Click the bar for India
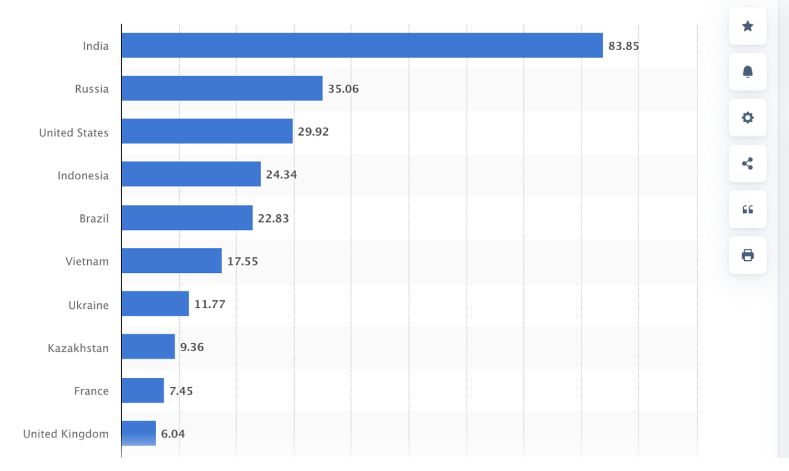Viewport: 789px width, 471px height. pyautogui.click(x=362, y=45)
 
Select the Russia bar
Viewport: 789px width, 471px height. pyautogui.click(x=221, y=88)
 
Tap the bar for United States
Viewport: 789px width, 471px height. pyautogui.click(x=207, y=131)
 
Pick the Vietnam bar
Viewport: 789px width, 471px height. pyautogui.click(x=171, y=261)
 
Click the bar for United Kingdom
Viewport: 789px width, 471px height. pyautogui.click(x=139, y=433)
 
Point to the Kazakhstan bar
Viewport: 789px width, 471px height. pyautogui.click(x=148, y=347)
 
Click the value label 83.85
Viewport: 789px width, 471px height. pyautogui.click(x=624, y=46)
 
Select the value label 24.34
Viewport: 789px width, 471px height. pyautogui.click(x=281, y=175)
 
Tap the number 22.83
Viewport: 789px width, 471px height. pyautogui.click(x=273, y=219)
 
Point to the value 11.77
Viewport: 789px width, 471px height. pyautogui.click(x=209, y=305)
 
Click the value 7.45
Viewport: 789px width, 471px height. pyautogui.click(x=181, y=391)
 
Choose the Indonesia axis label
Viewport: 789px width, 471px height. pyautogui.click(x=83, y=176)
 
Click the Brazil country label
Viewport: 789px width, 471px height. pyautogui.click(x=94, y=219)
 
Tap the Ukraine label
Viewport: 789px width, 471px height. pyautogui.click(x=88, y=305)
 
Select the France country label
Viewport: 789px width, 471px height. pyautogui.click(x=91, y=391)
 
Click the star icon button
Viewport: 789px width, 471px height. pyautogui.click(x=748, y=26)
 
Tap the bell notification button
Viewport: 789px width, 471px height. pyautogui.click(x=748, y=72)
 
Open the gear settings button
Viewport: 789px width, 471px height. pyautogui.click(x=748, y=117)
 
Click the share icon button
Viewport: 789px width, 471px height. pyautogui.click(x=748, y=163)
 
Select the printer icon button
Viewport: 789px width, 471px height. pyautogui.click(x=748, y=255)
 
